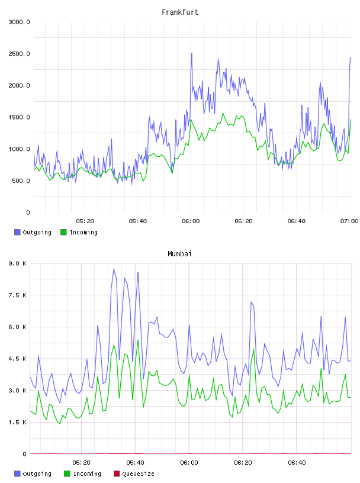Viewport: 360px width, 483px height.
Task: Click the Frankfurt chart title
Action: pos(180,12)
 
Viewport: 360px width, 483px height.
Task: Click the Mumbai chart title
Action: pos(179,254)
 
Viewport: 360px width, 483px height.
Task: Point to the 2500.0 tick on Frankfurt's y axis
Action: pos(19,54)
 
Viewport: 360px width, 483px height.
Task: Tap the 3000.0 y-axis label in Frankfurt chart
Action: pos(19,22)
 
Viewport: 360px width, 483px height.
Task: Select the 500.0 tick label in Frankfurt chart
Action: pos(21,181)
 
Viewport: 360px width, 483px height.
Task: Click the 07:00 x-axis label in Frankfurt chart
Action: pos(349,221)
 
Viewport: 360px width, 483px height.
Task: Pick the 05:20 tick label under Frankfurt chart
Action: pos(85,221)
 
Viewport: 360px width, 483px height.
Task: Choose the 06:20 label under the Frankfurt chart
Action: pos(243,221)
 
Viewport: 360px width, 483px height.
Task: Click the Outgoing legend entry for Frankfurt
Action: pos(33,232)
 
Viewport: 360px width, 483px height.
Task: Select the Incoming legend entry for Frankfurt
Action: pos(79,232)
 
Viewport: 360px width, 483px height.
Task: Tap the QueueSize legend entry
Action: pos(134,474)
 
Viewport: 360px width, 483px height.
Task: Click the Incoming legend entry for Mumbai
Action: pos(83,474)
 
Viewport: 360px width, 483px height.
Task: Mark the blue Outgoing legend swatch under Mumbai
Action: pos(17,474)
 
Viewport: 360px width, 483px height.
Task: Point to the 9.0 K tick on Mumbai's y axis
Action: pos(18,263)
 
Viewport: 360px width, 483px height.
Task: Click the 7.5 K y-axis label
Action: pos(18,295)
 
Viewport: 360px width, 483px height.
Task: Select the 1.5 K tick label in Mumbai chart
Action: pos(18,422)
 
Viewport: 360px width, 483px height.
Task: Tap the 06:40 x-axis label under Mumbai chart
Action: pos(297,463)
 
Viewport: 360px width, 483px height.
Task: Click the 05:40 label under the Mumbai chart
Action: pos(135,463)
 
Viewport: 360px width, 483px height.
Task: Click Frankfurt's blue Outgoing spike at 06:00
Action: pos(191,54)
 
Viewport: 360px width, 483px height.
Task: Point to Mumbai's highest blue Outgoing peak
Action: pos(114,269)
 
